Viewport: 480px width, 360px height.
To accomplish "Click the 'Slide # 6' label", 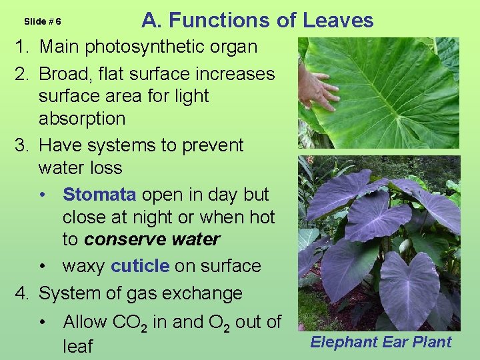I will coord(43,21).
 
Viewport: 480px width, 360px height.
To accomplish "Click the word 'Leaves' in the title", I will coord(338,21).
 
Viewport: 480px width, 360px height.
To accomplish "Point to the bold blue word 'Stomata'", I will coord(99,195).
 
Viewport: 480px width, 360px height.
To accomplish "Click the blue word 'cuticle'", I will coord(140,266).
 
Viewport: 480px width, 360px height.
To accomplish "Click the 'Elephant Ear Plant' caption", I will coord(380,342).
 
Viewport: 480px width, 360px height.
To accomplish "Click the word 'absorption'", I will coord(82,119).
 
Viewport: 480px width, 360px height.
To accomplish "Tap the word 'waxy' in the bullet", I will coord(83,266).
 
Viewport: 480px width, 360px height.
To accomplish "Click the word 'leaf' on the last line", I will coord(77,347).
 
